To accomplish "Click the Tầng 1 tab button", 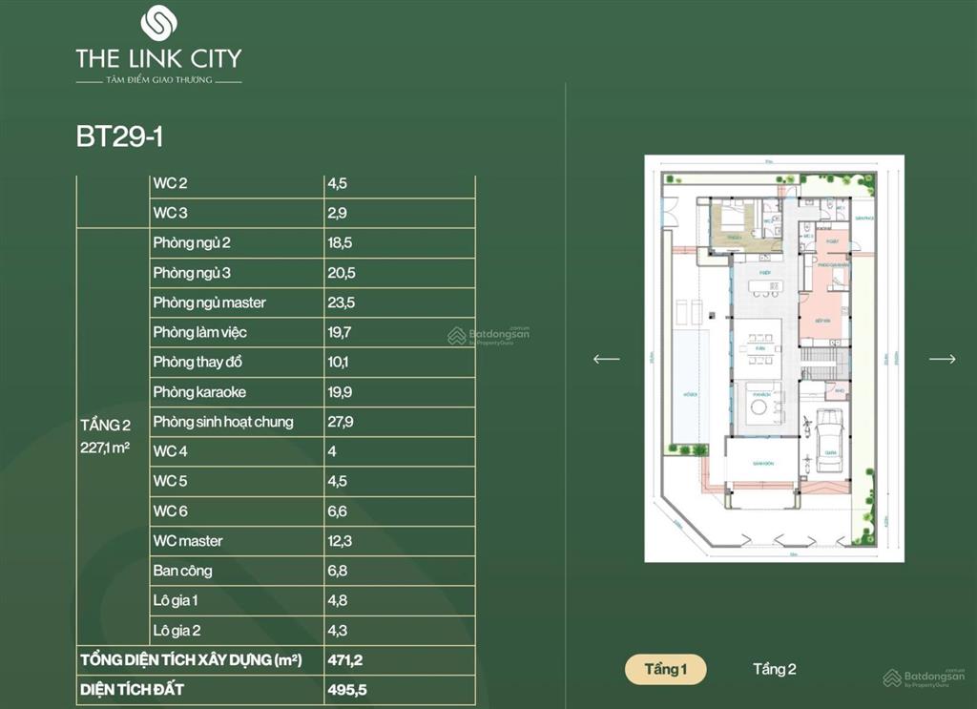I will [665, 669].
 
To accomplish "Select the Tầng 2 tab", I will [774, 669].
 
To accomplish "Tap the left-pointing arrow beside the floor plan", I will [606, 359].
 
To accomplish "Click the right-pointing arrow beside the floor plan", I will [942, 359].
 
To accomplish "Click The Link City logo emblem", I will [158, 23].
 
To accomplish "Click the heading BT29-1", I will [120, 136].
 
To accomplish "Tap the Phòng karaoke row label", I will [198, 392].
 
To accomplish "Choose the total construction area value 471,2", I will [344, 659].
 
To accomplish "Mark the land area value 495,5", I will [345, 689].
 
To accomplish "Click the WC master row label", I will [187, 541].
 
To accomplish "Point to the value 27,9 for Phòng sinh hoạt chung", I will [342, 422].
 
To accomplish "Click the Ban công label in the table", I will [182, 571].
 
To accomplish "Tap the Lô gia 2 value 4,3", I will [337, 631].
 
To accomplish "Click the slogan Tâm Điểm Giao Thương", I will [158, 81].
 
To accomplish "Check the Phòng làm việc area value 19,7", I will [341, 332].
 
